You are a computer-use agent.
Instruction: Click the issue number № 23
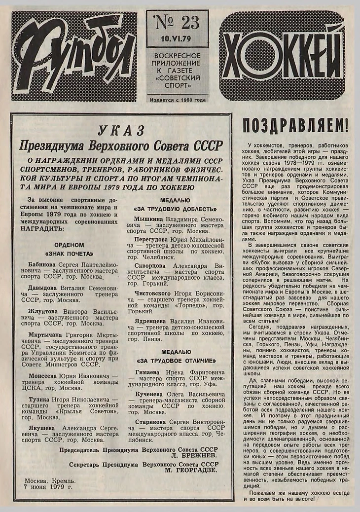(x=177, y=23)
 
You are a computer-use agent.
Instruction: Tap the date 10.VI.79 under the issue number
(x=177, y=38)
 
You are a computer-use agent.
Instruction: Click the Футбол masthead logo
(x=74, y=56)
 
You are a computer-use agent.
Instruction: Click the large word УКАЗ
(x=121, y=131)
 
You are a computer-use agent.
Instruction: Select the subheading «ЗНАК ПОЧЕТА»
(x=69, y=254)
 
